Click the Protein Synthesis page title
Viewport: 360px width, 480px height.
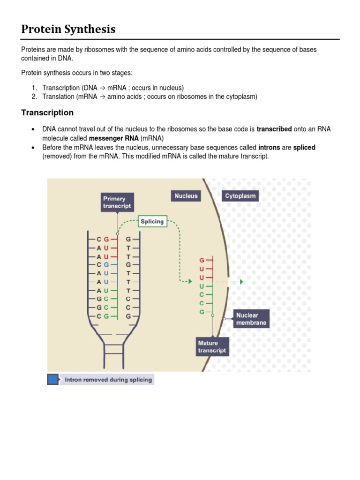click(x=68, y=29)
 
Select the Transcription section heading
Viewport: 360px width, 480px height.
click(x=47, y=112)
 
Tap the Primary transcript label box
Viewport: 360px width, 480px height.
click(x=117, y=202)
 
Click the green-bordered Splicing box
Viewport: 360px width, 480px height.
click(x=152, y=221)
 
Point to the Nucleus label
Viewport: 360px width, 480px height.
click(x=186, y=196)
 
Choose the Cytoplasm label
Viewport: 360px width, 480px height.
click(x=240, y=196)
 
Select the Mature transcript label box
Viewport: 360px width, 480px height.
click(x=212, y=347)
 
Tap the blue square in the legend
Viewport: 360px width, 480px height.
click(x=53, y=379)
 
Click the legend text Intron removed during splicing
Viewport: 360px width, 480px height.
click(x=108, y=380)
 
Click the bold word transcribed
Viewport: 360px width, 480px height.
click(x=274, y=129)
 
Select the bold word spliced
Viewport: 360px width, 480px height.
click(x=304, y=148)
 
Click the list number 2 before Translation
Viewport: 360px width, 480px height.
click(x=34, y=97)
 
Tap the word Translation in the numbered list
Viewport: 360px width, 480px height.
click(x=58, y=97)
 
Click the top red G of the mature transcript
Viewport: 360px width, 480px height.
click(x=202, y=259)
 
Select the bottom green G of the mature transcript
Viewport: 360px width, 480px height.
click(x=202, y=312)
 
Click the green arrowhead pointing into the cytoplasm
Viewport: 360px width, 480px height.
click(x=241, y=282)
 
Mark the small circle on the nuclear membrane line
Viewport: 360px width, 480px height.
click(x=225, y=319)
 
